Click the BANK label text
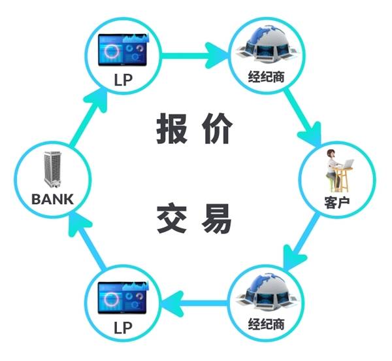tap(52, 199)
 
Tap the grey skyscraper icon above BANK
tap(52, 169)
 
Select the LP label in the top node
tap(123, 80)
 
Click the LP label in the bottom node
tap(123, 328)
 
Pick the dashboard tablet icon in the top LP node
tap(123, 50)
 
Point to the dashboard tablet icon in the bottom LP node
tap(122, 298)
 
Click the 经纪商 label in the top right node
tap(267, 77)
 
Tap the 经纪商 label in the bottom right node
tap(267, 324)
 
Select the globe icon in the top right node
tap(267, 45)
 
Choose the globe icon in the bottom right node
tap(267, 293)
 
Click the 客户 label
tap(336, 202)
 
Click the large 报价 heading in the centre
tap(194, 128)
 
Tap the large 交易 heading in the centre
tap(194, 218)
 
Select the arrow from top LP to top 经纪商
tap(195, 56)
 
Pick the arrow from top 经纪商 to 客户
tap(303, 118)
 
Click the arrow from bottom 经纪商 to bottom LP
tap(195, 303)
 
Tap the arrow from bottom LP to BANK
tap(88, 241)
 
